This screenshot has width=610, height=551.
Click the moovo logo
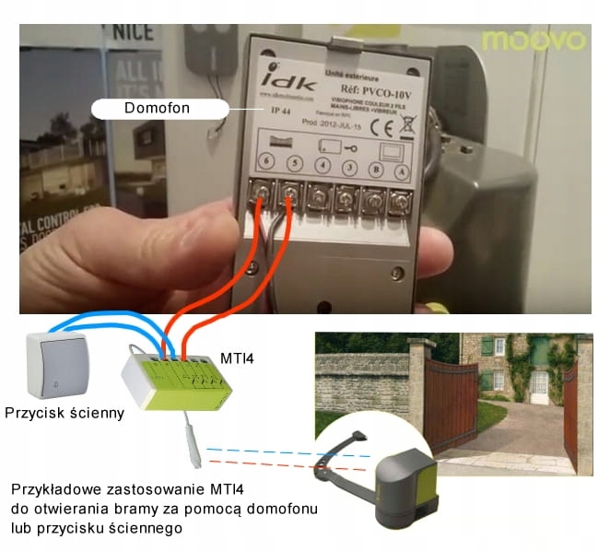tap(533, 41)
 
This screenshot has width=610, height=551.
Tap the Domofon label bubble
tap(158, 109)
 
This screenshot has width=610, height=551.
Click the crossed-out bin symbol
tap(407, 125)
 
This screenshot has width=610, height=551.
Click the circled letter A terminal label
tap(401, 172)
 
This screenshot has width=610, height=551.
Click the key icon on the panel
tap(348, 147)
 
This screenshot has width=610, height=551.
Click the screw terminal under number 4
tap(319, 194)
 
